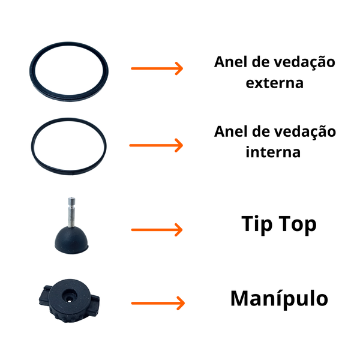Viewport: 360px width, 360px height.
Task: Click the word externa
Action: [275, 83]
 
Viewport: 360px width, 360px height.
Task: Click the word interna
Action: [273, 152]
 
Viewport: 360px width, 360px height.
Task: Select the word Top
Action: [298, 224]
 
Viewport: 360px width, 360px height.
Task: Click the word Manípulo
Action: [279, 299]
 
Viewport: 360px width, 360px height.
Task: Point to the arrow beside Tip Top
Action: [157, 230]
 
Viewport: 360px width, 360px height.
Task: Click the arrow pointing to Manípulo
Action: [158, 303]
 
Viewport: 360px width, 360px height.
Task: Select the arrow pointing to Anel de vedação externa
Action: [157, 68]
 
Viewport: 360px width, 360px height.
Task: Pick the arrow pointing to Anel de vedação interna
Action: [156, 145]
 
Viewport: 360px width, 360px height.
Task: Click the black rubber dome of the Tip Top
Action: [71, 240]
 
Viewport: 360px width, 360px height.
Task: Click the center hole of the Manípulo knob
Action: [70, 296]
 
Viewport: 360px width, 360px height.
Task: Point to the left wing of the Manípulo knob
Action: [44, 296]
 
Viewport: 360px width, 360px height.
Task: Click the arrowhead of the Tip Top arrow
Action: [179, 230]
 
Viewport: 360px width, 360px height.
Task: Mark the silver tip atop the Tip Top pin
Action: [71, 200]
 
